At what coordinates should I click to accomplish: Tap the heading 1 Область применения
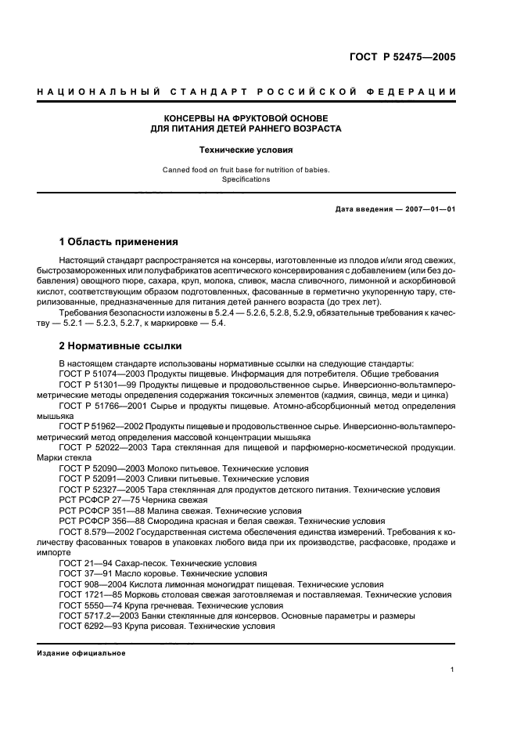coord(119,241)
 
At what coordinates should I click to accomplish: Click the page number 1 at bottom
coord(453,669)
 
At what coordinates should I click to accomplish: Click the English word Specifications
coord(246,179)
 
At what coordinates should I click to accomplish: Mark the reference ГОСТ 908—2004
coord(89,584)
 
